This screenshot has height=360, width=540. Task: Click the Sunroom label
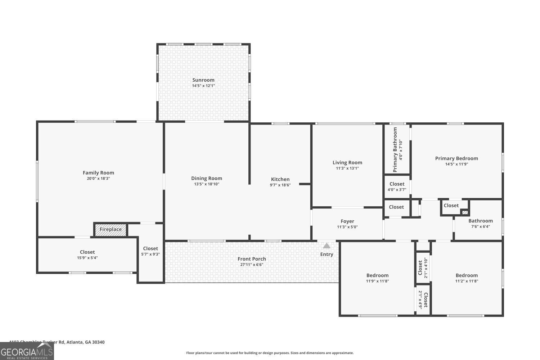[203, 80]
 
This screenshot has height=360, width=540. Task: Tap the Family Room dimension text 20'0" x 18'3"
[98, 179]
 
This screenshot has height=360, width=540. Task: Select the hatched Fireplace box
[111, 230]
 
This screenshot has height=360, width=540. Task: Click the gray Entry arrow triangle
[327, 246]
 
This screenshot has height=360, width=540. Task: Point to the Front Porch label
[252, 259]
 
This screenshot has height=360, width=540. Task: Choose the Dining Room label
[207, 178]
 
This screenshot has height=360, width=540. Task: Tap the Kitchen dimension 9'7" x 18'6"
[280, 185]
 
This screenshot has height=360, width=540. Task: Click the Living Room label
[347, 162]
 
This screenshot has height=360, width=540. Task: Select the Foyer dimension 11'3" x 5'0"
[347, 227]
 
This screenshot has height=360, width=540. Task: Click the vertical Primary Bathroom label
[395, 149]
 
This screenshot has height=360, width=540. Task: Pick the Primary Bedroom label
[456, 158]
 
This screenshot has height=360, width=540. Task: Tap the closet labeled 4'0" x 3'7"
[397, 186]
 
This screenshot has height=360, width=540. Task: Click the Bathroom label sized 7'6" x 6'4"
[480, 221]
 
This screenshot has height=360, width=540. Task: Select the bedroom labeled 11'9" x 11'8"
[377, 278]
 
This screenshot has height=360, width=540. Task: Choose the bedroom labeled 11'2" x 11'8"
[467, 278]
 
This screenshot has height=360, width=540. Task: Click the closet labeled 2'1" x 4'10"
[423, 268]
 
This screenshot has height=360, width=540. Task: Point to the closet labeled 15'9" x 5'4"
[87, 255]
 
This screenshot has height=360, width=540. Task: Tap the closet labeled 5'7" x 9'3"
[150, 251]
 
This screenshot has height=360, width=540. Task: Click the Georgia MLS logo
[27, 351]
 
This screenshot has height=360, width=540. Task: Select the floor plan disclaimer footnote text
[270, 353]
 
